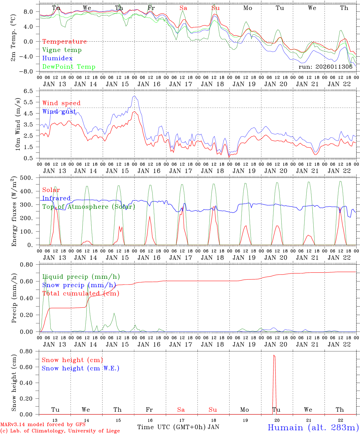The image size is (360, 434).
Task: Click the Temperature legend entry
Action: (65, 42)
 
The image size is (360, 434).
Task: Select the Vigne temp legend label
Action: (62, 50)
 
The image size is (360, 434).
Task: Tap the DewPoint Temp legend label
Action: (69, 67)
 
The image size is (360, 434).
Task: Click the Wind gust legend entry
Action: (59, 112)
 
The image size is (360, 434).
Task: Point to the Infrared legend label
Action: (56, 198)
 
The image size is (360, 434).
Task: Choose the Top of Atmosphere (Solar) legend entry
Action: (89, 207)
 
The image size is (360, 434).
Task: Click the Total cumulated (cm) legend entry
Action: (81, 294)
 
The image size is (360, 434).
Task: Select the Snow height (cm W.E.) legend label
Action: (81, 368)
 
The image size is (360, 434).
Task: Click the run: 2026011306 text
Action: (325, 67)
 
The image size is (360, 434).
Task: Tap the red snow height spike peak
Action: (274, 355)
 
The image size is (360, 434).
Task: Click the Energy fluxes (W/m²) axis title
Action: (14, 212)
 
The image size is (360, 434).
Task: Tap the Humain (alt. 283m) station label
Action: (313, 427)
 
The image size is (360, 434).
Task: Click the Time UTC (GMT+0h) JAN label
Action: (178, 427)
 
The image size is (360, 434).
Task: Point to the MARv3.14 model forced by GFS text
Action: (43, 425)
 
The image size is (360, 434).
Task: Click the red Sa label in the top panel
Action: (183, 8)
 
